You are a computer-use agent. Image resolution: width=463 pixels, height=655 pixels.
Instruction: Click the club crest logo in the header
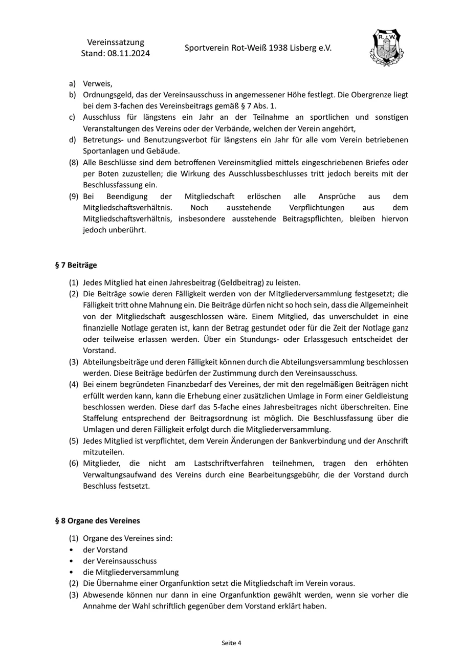[x=386, y=48]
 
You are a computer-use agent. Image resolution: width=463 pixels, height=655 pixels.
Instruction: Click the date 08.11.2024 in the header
[x=129, y=53]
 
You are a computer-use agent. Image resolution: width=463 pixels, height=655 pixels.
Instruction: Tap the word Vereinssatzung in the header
[x=116, y=42]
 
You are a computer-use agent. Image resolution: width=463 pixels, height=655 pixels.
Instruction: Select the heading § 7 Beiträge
[x=76, y=265]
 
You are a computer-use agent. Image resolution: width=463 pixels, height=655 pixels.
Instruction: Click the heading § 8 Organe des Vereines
[x=97, y=520]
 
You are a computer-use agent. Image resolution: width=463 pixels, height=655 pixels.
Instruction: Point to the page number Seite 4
[x=231, y=643]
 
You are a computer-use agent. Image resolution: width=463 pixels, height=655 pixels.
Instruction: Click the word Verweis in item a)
[x=97, y=83]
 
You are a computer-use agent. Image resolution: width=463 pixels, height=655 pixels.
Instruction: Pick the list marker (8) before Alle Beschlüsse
[x=74, y=163]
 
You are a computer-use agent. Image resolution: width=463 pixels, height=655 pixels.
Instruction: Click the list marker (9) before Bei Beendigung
[x=74, y=196]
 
